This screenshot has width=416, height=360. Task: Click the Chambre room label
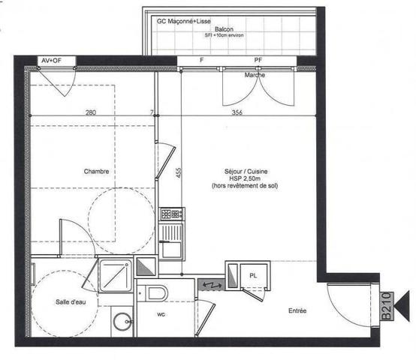(97, 171)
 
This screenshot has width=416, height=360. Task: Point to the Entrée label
(300, 310)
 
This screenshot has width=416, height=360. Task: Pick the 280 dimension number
(91, 112)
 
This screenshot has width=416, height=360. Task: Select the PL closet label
(252, 276)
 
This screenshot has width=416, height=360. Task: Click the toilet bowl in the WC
(156, 293)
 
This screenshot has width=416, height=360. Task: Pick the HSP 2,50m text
(244, 178)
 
